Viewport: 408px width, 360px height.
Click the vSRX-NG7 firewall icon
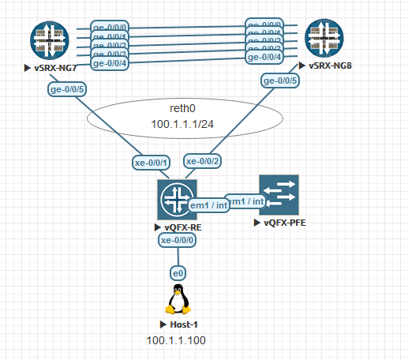point(50,40)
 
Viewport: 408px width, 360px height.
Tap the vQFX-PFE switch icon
point(279,197)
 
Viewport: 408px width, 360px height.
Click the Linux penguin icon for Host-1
point(178,301)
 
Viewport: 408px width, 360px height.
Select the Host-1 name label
point(182,325)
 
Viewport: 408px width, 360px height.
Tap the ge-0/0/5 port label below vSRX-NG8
point(279,80)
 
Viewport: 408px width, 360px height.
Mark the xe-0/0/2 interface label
point(203,160)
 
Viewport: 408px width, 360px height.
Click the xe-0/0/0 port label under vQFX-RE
point(178,239)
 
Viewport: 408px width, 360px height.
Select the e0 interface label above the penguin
point(178,272)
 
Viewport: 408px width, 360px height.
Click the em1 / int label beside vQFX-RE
point(210,204)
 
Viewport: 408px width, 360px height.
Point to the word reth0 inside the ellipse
point(183,108)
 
